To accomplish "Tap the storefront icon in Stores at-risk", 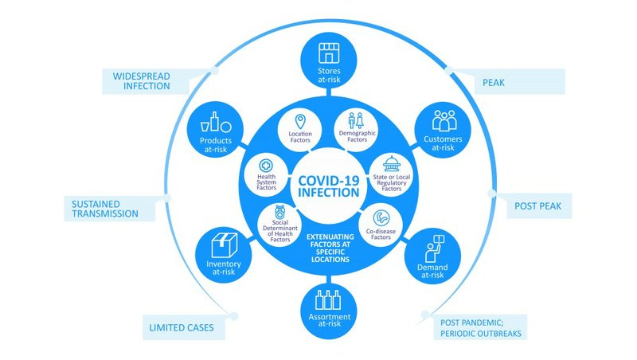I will [x=329, y=54].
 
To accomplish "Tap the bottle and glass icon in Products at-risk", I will [x=215, y=126].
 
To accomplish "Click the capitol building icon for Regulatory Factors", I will [x=392, y=164].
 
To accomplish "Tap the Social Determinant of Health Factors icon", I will [x=279, y=213].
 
